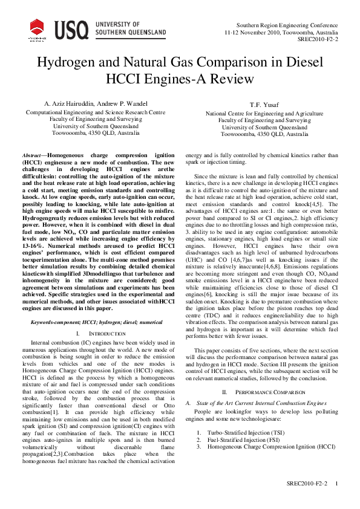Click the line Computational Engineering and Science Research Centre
click(x=95, y=112)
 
